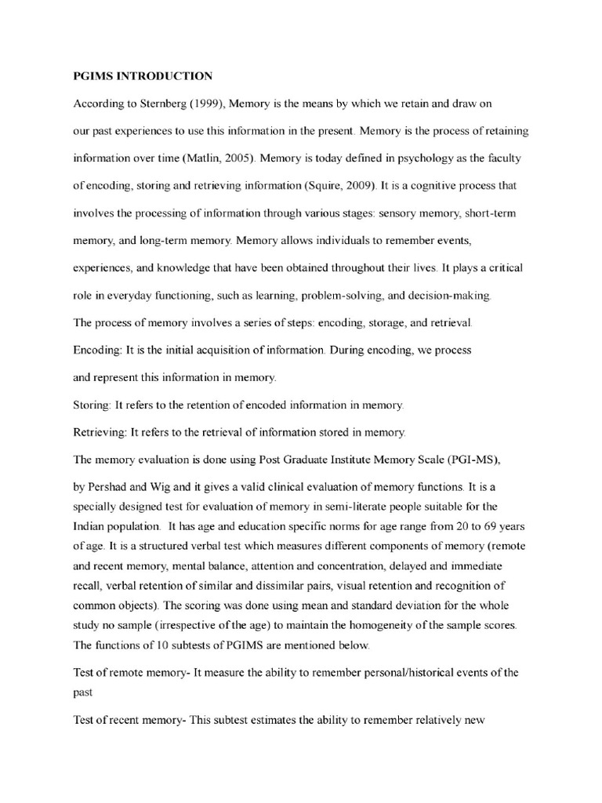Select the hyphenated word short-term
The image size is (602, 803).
click(x=487, y=213)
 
